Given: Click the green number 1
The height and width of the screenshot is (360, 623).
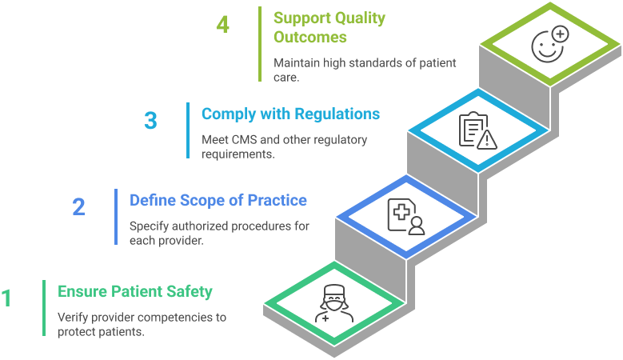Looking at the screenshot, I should (6, 298).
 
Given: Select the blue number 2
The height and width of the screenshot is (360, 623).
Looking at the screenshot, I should (78, 207).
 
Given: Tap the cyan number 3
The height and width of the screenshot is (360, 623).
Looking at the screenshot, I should (150, 121).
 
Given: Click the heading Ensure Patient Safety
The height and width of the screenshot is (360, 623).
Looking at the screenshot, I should (135, 291).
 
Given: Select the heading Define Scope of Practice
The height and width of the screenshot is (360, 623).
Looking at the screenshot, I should (218, 200).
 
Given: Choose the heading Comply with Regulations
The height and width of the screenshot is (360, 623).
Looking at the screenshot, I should (290, 114).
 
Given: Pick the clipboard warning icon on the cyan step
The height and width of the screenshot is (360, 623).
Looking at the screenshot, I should (477, 131).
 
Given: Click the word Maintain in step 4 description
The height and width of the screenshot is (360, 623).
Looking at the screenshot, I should (296, 63).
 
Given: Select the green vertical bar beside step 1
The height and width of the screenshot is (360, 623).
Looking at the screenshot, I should (44, 308).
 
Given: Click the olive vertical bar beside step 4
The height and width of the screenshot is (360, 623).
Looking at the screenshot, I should (260, 44).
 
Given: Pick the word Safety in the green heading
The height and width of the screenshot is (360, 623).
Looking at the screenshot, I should (193, 291).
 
